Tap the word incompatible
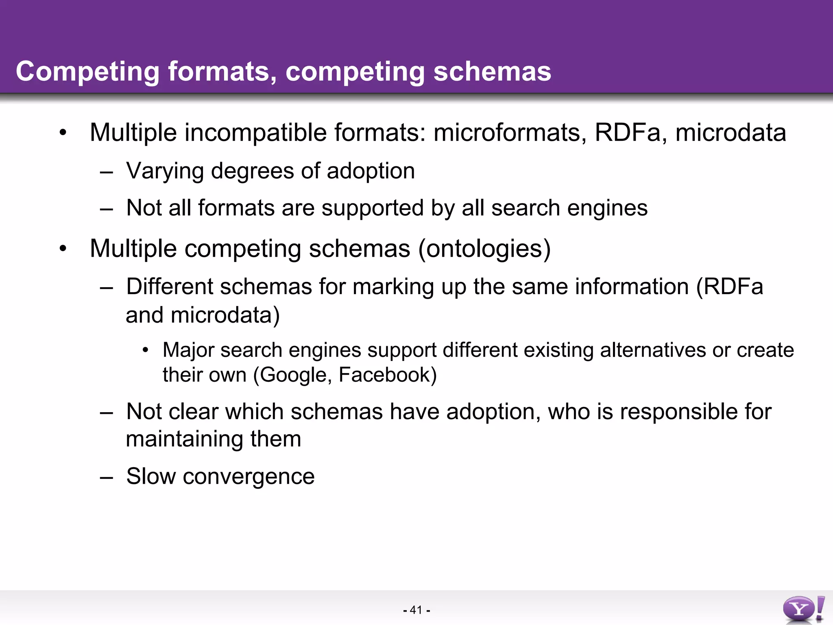255,133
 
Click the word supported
372,208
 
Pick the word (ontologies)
484,249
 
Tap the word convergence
249,476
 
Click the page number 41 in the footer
416,610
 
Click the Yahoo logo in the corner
803,609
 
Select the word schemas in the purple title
492,72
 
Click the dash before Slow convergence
106,476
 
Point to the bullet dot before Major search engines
146,350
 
